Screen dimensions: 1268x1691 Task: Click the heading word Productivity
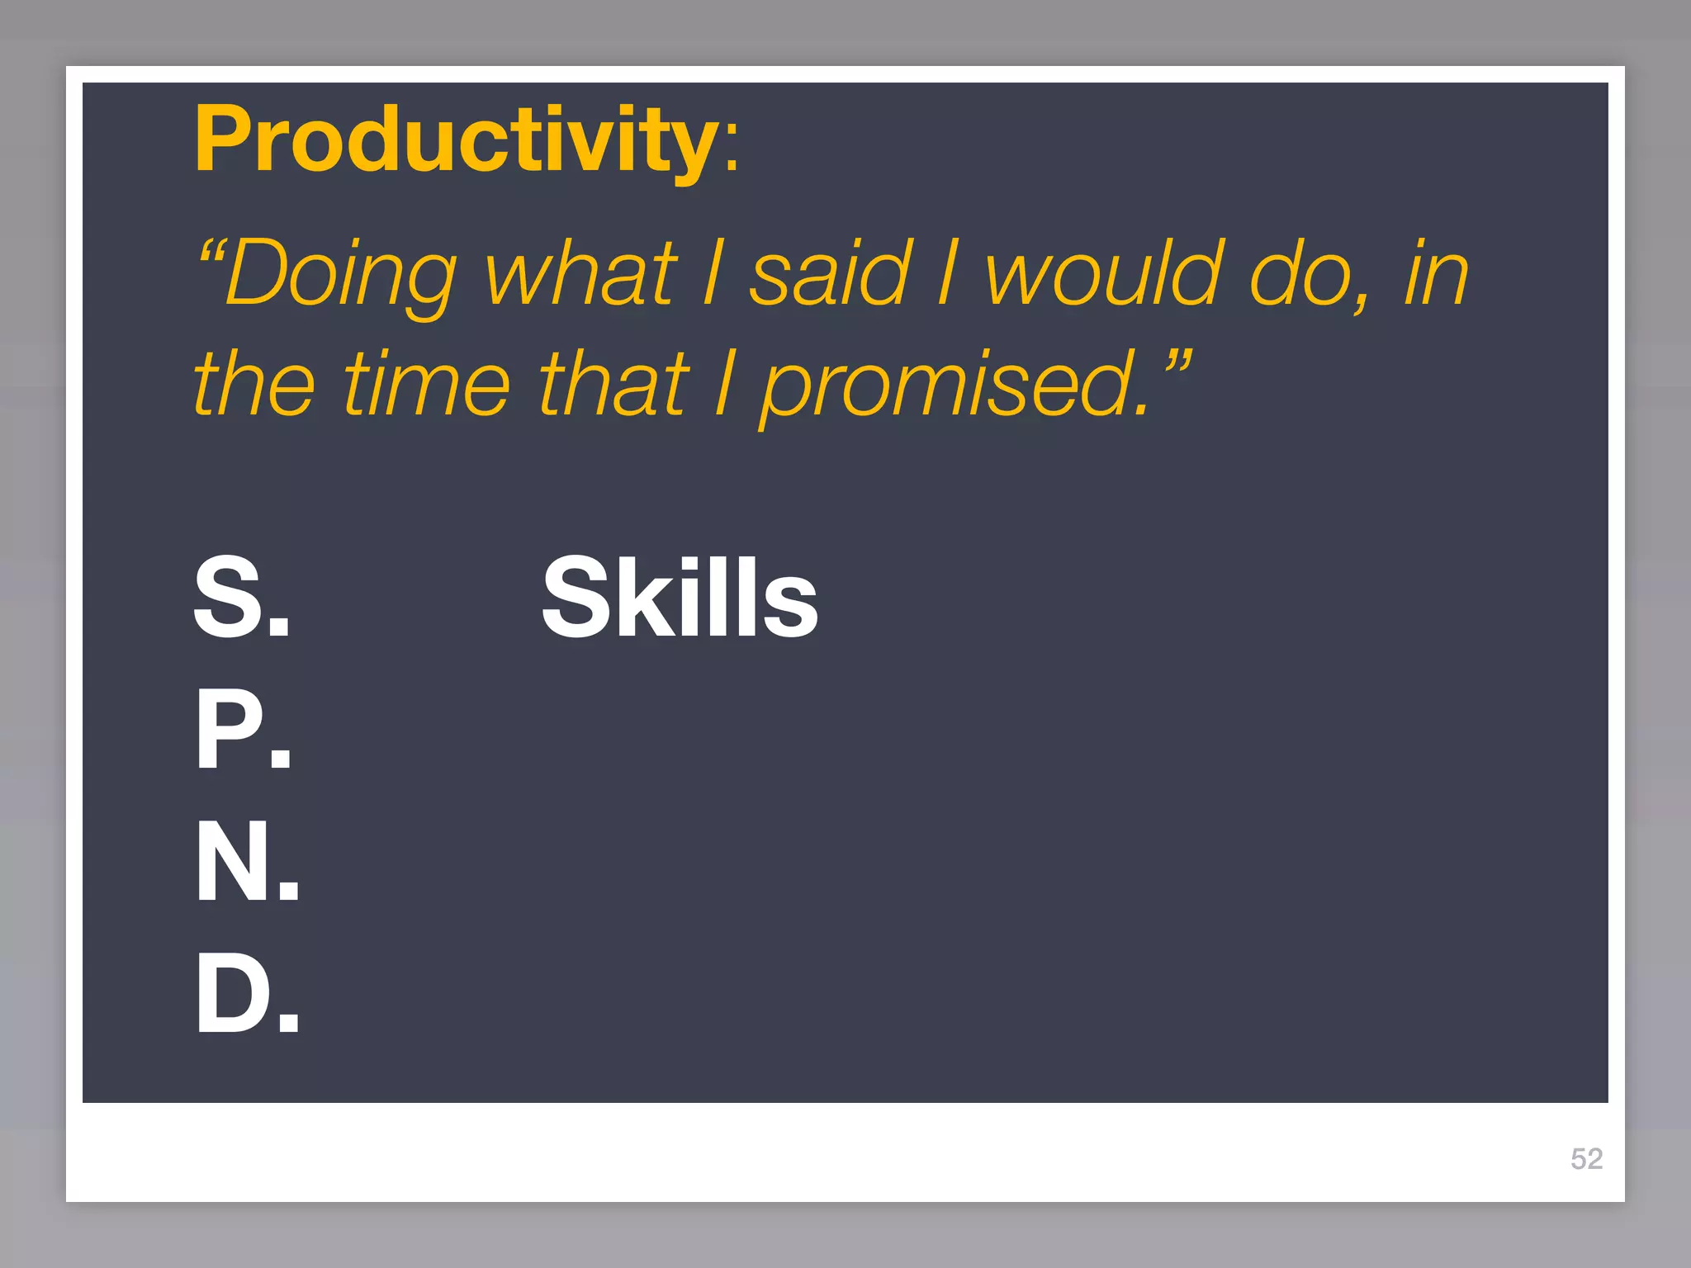point(456,140)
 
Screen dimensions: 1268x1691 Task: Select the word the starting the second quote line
point(254,384)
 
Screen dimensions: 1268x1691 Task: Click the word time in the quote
point(427,384)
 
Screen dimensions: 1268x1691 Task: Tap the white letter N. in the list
point(247,862)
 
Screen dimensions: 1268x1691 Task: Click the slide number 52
point(1586,1159)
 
